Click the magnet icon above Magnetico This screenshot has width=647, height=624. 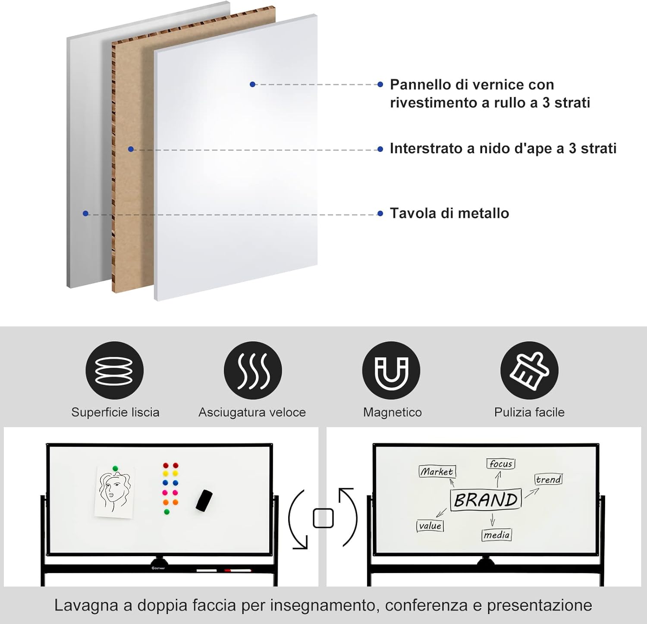click(391, 370)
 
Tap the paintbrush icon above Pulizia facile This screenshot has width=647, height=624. click(529, 370)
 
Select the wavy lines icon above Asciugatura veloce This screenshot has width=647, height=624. click(253, 370)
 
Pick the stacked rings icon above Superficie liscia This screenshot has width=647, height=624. click(114, 370)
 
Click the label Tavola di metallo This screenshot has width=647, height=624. click(449, 213)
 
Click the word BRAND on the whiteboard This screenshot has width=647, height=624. click(486, 500)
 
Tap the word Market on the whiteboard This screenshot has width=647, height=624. click(437, 471)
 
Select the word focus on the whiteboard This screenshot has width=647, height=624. click(501, 464)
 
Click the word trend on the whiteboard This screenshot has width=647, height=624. click(548, 479)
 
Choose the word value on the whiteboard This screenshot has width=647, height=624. click(430, 526)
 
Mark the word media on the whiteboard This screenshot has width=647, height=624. click(496, 535)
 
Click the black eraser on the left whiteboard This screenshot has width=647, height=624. click(204, 500)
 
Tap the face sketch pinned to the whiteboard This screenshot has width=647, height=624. click(114, 492)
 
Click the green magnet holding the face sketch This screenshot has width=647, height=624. click(115, 468)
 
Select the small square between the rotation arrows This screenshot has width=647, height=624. click(323, 518)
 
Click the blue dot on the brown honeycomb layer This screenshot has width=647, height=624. click(131, 149)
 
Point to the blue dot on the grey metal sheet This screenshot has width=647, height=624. click(85, 213)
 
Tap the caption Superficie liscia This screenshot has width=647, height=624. click(115, 412)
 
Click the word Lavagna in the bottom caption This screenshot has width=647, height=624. click(86, 605)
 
